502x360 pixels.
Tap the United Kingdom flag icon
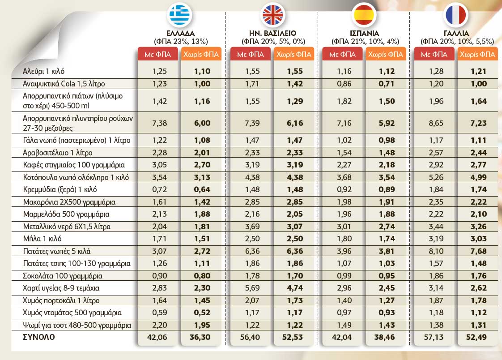click(x=272, y=15)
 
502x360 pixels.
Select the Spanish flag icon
click(x=365, y=15)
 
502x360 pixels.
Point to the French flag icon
click(x=456, y=15)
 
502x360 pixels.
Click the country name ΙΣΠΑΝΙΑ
click(x=364, y=34)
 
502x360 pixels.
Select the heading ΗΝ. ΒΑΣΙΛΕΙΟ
click(x=272, y=34)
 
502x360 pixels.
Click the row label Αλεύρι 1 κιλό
click(x=47, y=71)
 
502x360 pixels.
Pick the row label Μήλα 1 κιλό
click(x=42, y=239)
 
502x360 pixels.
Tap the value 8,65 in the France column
click(x=434, y=122)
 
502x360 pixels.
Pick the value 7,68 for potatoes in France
click(x=478, y=251)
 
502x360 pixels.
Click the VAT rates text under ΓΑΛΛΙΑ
click(x=456, y=42)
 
